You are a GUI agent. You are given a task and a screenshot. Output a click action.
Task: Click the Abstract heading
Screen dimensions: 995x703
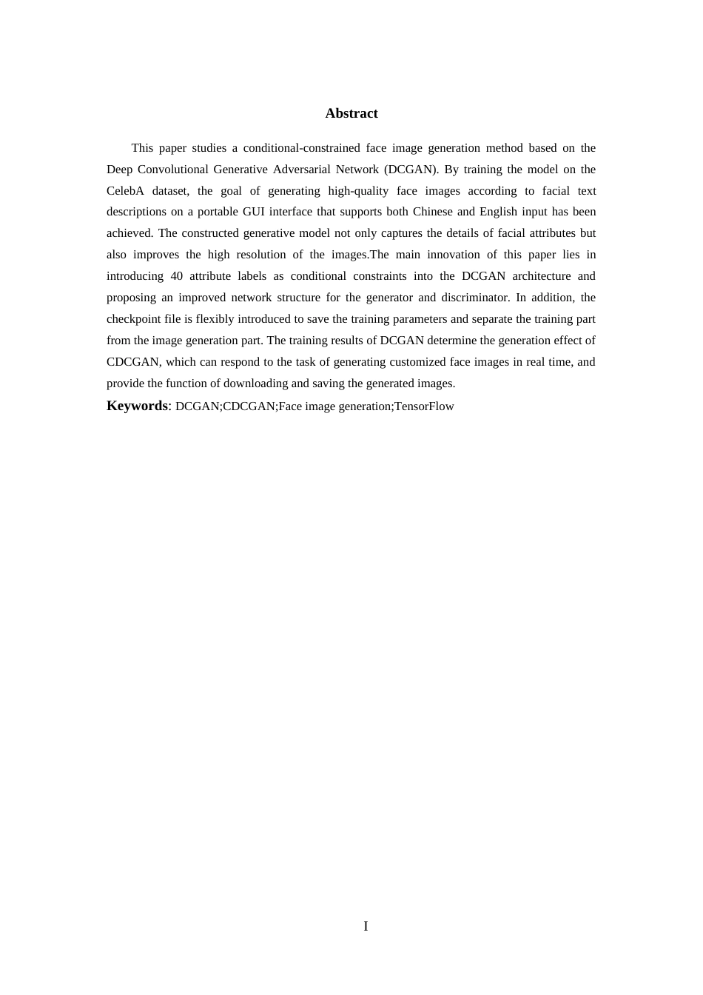[351, 113]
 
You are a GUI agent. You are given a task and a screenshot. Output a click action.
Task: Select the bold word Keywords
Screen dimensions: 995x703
[137, 406]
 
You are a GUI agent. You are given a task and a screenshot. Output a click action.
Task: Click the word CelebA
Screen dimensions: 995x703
[125, 191]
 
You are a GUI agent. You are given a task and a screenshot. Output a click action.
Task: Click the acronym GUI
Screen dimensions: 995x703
[254, 212]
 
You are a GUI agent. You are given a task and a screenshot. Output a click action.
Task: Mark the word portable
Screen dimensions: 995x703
[215, 212]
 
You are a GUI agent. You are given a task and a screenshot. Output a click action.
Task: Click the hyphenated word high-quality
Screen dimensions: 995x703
[358, 191]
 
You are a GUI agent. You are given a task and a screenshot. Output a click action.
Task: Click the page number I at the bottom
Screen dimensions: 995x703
[366, 926]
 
